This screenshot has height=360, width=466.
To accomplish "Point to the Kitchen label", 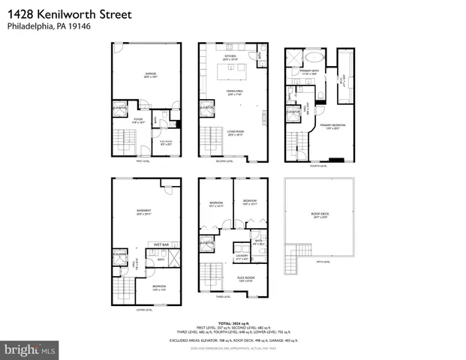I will (x=231, y=57).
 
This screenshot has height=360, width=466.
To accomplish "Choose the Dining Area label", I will (x=236, y=93).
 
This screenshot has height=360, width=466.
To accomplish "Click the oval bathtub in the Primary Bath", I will (x=314, y=58).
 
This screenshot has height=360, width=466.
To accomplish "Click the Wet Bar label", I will (x=161, y=244).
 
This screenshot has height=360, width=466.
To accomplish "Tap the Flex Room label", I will (x=246, y=277).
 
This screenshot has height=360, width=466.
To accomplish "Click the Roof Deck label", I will (x=320, y=214).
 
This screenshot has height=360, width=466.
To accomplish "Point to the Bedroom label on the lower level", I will (x=160, y=287).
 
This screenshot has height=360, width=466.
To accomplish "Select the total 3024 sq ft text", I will (x=233, y=323).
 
